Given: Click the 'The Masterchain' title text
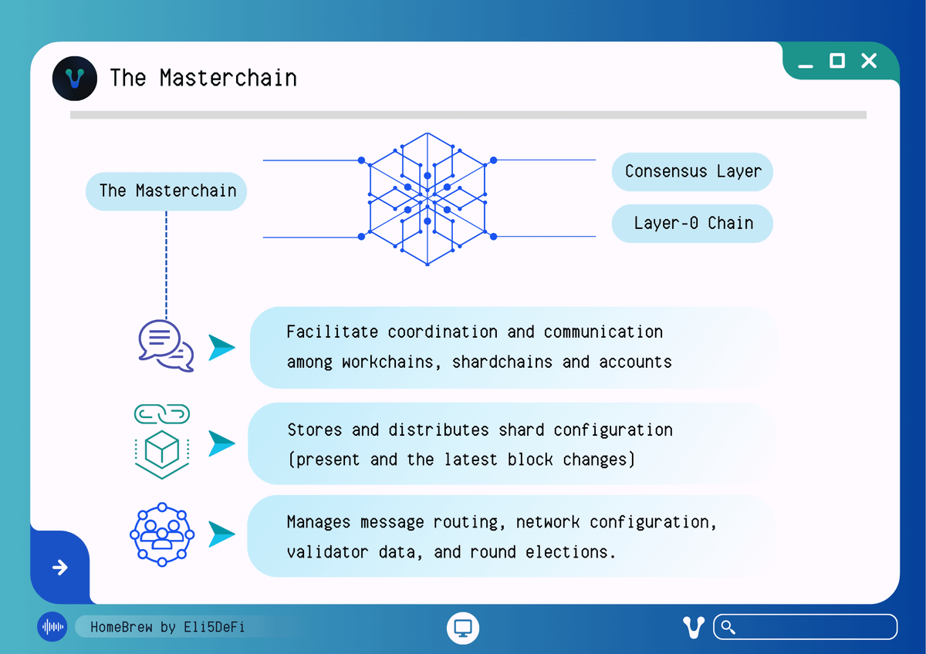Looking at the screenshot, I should coord(203,78).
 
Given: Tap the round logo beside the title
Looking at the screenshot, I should coord(75,78).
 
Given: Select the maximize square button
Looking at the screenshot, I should coord(837,61).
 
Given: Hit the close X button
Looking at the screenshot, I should coord(869,61).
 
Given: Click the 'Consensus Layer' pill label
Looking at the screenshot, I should coord(692,171).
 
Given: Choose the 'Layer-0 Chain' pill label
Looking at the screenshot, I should coord(692,224).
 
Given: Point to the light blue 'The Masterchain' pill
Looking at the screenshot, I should coord(166,190).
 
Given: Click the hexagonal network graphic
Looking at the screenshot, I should coord(428,198).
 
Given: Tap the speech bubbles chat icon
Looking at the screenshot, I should coord(165,345).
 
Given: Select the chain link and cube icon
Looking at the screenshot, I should coord(162,441).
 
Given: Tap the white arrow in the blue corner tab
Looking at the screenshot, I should coord(59,568).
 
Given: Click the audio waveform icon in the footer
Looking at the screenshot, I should coord(52,627).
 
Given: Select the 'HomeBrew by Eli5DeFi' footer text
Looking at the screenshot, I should coord(167,627).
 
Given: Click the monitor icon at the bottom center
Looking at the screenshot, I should coord(463,627).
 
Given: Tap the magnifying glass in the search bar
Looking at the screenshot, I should coord(728,627).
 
